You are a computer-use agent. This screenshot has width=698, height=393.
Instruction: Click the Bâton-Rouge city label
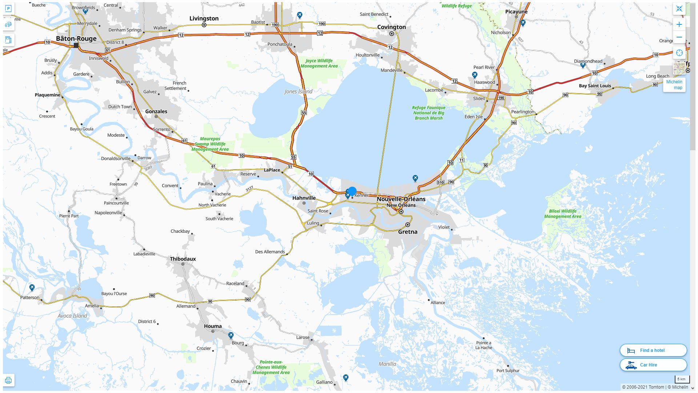click(x=76, y=39)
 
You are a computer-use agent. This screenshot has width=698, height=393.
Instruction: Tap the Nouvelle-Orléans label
click(x=401, y=199)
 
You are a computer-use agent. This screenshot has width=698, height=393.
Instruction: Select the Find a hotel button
click(x=653, y=350)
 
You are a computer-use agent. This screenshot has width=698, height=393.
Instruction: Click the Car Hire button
click(x=653, y=365)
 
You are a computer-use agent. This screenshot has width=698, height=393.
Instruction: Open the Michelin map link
click(x=674, y=85)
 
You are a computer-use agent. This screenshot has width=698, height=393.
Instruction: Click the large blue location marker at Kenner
click(x=352, y=191)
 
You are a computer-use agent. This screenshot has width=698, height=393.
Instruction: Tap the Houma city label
click(x=213, y=326)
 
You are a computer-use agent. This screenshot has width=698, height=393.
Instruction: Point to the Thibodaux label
click(x=183, y=259)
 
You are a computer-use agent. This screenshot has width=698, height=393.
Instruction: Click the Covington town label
click(x=391, y=27)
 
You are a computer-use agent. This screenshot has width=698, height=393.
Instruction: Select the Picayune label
click(x=516, y=12)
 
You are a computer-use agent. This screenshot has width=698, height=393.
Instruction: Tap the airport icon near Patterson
click(x=32, y=288)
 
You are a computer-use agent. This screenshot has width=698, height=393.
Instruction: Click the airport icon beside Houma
click(x=230, y=335)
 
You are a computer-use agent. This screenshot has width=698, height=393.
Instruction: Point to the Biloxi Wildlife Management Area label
click(x=562, y=214)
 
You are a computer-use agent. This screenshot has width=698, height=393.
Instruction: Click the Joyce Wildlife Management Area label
click(x=319, y=63)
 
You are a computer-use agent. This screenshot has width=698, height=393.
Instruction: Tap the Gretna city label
click(x=408, y=232)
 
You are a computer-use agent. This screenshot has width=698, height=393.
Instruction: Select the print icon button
click(x=8, y=381)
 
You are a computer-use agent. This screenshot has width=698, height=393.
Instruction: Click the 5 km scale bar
click(x=682, y=380)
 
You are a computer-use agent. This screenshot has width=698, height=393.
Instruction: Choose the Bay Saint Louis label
click(x=595, y=86)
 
